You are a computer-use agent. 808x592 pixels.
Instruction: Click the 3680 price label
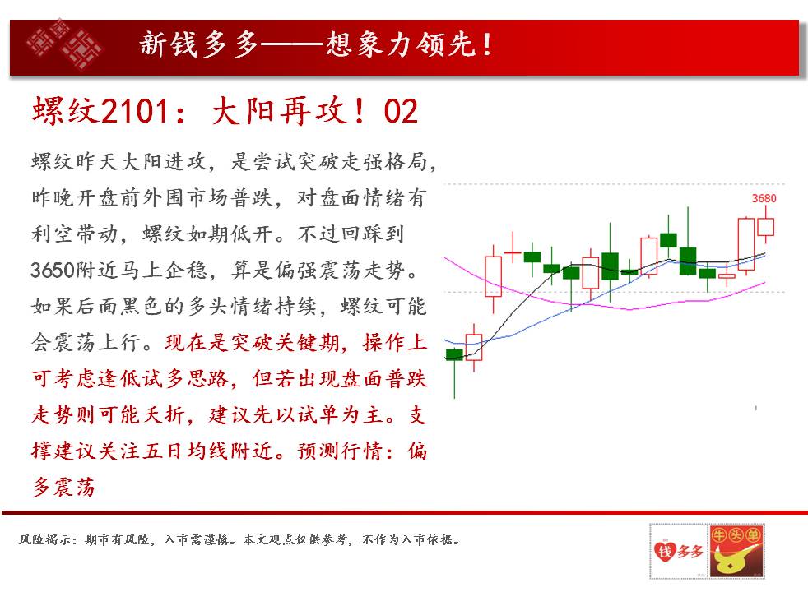click(764, 198)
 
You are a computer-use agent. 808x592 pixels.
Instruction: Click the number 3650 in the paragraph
click(53, 270)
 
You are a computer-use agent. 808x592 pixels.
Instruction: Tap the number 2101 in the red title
click(134, 110)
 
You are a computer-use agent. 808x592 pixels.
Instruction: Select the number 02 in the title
click(401, 111)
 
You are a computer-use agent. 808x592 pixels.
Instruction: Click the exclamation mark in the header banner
click(486, 44)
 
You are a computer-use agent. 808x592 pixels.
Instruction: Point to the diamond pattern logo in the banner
click(64, 44)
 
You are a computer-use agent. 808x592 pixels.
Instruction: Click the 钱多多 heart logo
click(678, 550)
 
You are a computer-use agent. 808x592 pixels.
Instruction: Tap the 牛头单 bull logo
click(736, 551)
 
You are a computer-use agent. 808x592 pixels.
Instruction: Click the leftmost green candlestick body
click(454, 354)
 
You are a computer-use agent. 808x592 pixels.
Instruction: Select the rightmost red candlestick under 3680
click(766, 227)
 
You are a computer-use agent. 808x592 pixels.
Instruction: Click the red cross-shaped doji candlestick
click(513, 252)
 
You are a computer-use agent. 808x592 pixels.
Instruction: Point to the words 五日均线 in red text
click(186, 451)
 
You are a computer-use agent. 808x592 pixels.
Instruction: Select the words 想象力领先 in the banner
click(400, 44)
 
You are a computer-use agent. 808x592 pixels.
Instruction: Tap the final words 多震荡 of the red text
click(63, 487)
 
